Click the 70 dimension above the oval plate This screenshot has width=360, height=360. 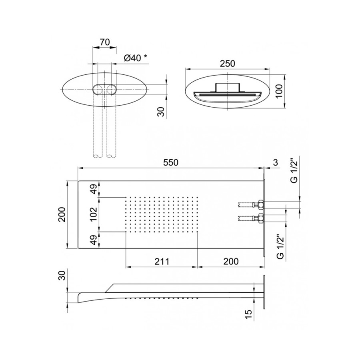pyautogui.click(x=105, y=42)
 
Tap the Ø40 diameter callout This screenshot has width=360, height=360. pyautogui.click(x=132, y=58)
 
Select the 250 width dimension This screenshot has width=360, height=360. pyautogui.click(x=227, y=64)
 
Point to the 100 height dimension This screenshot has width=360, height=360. pyautogui.click(x=279, y=91)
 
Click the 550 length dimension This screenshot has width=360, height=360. pyautogui.click(x=170, y=162)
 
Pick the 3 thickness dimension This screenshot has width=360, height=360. pyautogui.click(x=276, y=162)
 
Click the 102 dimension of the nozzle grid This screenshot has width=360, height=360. pyautogui.click(x=93, y=214)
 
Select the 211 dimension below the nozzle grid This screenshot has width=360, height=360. pyautogui.click(x=162, y=261)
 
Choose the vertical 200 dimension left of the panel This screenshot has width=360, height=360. pyautogui.click(x=62, y=214)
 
